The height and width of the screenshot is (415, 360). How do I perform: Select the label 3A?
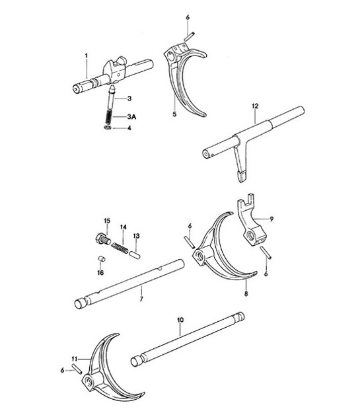coord(131,116)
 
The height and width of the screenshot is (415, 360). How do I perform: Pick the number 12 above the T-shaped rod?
coord(255,105)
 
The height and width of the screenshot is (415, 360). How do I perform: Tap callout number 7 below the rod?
coord(140,299)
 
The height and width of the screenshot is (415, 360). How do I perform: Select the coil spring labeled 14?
coord(124,246)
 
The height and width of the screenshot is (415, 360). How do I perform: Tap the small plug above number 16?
coord(102,259)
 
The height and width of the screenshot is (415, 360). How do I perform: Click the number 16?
coord(101,271)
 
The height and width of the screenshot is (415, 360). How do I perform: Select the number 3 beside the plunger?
coord(129,98)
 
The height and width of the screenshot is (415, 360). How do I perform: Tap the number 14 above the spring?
coord(122,227)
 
